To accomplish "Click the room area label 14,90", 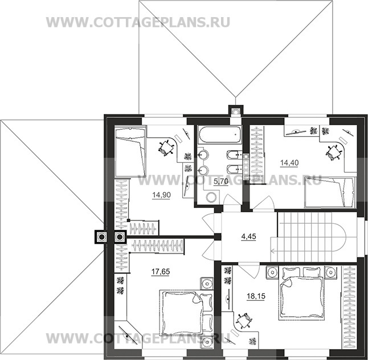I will (160, 195).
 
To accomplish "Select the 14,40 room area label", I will (288, 162).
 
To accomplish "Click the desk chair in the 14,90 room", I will (166, 148).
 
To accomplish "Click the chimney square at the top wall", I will (235, 111).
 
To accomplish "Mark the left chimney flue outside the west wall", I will (101, 237).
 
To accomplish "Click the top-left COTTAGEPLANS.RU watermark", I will (138, 22).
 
